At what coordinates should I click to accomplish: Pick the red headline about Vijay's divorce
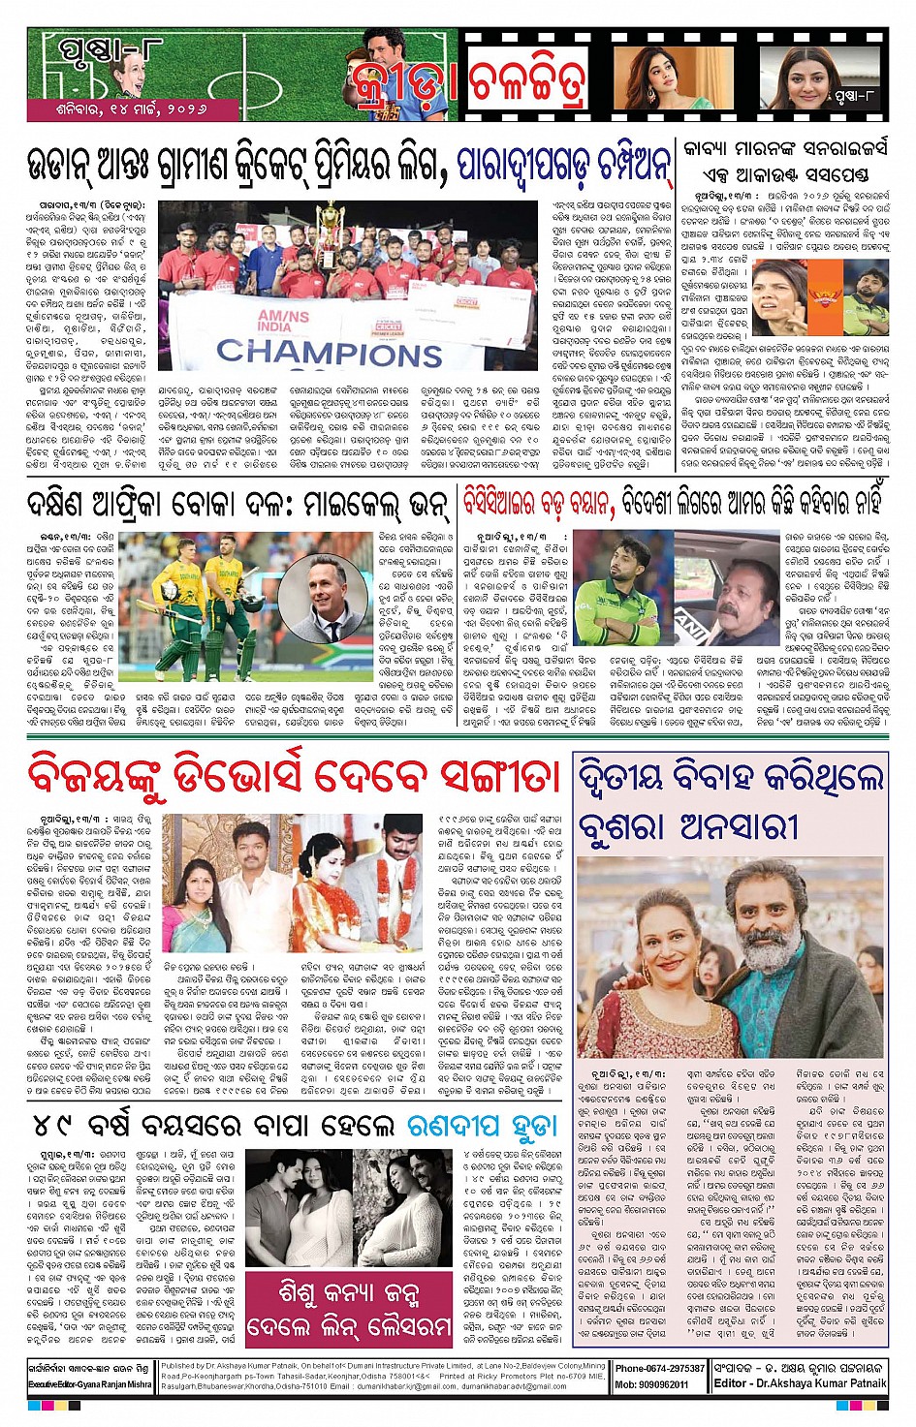pyautogui.click(x=295, y=777)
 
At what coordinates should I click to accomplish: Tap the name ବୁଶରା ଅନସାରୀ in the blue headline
pyautogui.click(x=687, y=826)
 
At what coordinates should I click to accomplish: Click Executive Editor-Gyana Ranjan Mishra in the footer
pyautogui.click(x=90, y=1385)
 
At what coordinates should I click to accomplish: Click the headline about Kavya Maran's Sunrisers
pyautogui.click(x=786, y=162)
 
